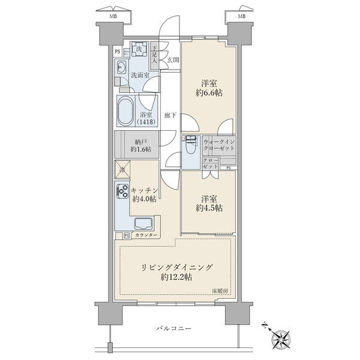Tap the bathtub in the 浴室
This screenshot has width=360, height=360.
pyautogui.click(x=127, y=110)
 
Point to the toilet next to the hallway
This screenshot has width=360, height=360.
pyautogui.click(x=191, y=145)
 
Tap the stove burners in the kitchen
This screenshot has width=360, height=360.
pyautogui.click(x=120, y=193)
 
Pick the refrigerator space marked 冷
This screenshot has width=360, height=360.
pyautogui.click(x=121, y=170)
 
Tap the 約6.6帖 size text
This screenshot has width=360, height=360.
pyautogui.click(x=209, y=93)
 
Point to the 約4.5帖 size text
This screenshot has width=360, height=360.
pyautogui.click(x=208, y=208)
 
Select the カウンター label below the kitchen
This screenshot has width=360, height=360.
pyautogui.click(x=146, y=235)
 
